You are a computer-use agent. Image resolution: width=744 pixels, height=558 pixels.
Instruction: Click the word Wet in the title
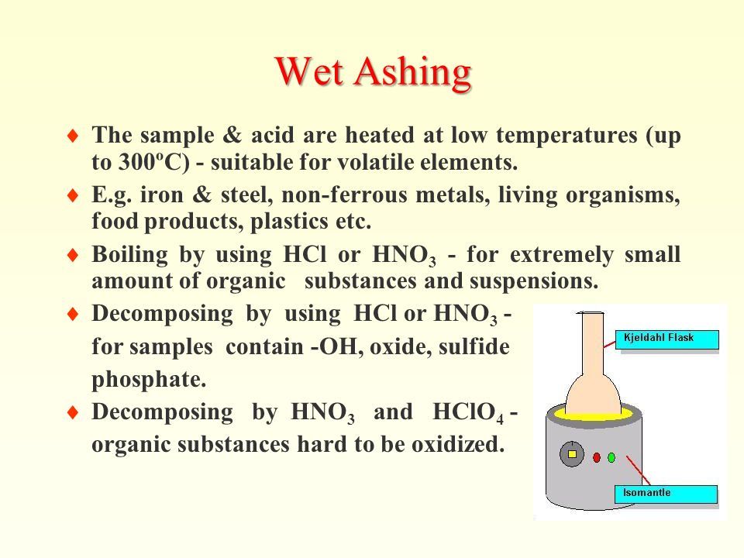pos(308,71)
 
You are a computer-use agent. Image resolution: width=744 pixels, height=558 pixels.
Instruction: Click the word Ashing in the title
pos(412,73)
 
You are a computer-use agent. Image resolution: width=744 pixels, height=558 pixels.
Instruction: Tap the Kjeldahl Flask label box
pos(666,339)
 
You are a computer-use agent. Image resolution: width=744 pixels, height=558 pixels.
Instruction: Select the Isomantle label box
pos(666,494)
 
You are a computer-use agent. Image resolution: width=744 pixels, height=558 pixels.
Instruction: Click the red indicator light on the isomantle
pos(597,457)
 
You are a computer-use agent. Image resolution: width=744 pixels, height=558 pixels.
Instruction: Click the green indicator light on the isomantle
pos(611,457)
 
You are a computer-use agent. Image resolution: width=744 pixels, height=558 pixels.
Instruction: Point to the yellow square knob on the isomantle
pos(572,454)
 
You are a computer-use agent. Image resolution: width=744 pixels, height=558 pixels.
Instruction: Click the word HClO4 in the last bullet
pos(468,412)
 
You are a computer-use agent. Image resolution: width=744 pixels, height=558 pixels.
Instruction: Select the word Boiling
pos(129,255)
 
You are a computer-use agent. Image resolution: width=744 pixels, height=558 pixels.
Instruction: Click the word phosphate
pos(149,380)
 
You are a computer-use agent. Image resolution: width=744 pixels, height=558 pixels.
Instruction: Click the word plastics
pos(289,222)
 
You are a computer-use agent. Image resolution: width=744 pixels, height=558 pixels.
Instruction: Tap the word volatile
pos(365,162)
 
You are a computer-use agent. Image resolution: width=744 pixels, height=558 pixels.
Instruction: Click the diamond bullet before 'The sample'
pos(73,136)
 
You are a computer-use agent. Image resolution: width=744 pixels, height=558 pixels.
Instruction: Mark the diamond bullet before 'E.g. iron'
pos(73,195)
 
